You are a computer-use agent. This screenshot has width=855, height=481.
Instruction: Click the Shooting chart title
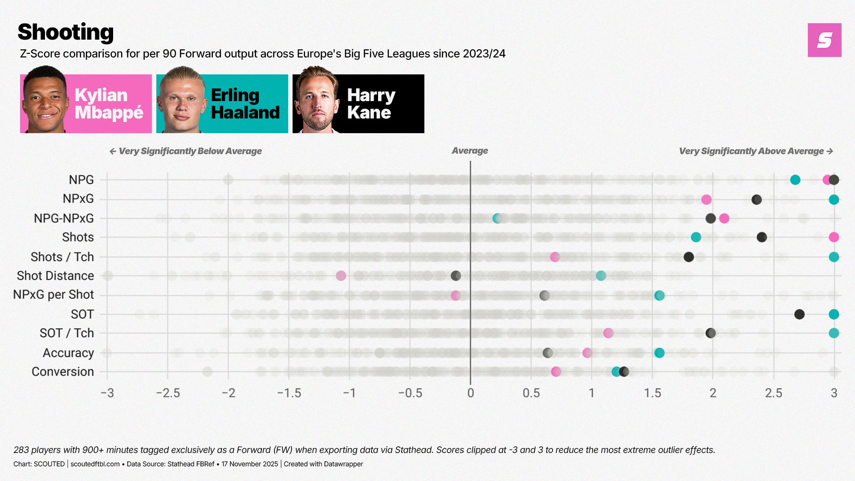pos(66,32)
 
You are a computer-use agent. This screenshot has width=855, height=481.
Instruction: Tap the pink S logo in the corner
pos(824,40)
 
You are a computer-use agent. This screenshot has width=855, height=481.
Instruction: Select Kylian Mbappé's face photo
pos(45,100)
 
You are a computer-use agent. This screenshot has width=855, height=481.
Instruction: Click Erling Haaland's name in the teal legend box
pos(245,104)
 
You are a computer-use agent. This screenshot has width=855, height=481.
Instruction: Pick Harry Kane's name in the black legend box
pos(370,104)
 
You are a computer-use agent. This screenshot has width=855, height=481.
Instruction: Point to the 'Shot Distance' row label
pos(55,276)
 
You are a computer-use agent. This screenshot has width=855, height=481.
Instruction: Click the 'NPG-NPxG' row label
pos(64,218)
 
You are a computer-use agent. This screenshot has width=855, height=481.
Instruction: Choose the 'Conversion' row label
pos(63,371)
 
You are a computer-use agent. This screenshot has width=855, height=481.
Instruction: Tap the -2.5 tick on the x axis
pos(168,393)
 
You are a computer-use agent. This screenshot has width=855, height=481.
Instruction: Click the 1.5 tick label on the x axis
pos(652,393)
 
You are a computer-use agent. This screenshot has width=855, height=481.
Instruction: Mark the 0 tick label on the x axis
pos(470,393)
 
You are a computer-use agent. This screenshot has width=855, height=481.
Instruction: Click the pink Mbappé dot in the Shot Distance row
pos(341,276)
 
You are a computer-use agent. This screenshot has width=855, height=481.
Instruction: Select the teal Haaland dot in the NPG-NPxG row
pos(497,218)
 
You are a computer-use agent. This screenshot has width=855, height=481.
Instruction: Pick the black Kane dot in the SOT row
pos(799,314)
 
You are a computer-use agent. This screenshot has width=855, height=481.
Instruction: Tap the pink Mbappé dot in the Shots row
pos(834,237)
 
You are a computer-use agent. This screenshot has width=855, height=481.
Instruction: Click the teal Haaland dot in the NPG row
pos(795,180)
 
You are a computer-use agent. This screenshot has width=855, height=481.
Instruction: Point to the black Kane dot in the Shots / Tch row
pos(688,257)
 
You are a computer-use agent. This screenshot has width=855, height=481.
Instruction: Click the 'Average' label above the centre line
pos(470,151)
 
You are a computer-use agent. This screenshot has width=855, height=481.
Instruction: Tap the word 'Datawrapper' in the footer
pos(343,464)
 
